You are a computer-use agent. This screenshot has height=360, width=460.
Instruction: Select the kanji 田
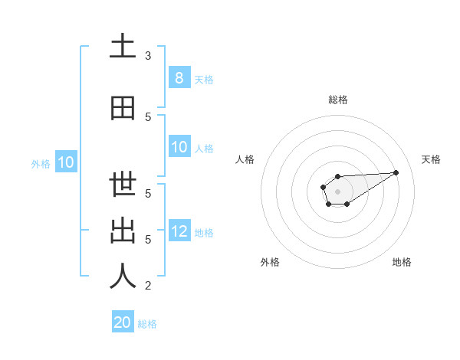point(123,109)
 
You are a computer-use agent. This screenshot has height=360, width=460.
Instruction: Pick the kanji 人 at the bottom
point(123,277)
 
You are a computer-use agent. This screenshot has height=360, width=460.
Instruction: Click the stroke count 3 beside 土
point(148,56)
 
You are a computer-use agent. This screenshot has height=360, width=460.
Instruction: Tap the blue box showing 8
point(179,78)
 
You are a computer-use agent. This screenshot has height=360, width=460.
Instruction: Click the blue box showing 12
point(179,231)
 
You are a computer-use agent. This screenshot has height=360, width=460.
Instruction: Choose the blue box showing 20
point(123,322)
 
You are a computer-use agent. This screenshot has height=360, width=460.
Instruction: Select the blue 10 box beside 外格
point(66,162)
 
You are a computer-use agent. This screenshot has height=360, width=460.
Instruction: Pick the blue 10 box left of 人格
point(179,147)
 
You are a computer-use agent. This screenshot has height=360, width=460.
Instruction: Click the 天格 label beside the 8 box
point(204,79)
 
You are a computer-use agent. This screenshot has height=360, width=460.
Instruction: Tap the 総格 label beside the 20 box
point(147,323)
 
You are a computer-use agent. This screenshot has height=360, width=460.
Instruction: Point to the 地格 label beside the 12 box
point(204,232)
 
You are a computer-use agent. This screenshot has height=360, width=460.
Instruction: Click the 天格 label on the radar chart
point(431,159)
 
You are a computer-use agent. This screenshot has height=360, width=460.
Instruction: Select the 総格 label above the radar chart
point(338,100)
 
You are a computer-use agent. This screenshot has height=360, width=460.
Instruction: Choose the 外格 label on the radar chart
point(270,262)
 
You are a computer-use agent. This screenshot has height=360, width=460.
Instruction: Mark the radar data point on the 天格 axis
point(396,172)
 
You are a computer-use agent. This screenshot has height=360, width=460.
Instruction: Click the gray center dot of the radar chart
point(337,190)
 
